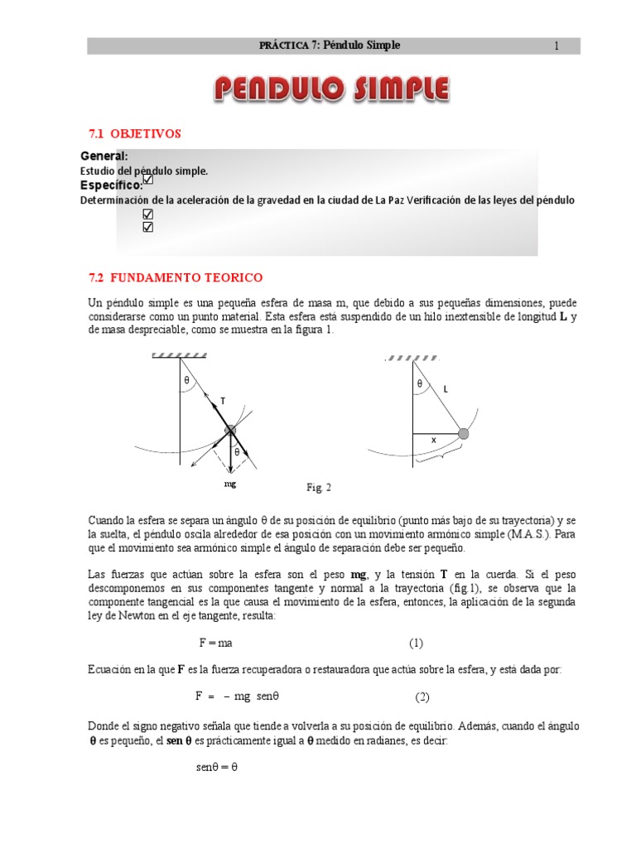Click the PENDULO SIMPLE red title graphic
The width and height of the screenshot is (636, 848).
click(x=331, y=89)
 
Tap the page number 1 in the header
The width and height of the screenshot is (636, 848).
click(x=556, y=46)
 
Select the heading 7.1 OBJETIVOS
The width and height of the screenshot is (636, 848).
click(x=134, y=133)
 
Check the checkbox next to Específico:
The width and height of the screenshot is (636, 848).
click(x=148, y=179)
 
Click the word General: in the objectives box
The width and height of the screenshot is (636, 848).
click(x=104, y=157)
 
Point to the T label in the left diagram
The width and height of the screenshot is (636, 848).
click(x=223, y=400)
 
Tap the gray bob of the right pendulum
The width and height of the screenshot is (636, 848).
click(x=464, y=433)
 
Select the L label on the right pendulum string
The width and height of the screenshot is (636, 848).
click(x=445, y=388)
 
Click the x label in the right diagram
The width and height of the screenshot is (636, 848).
click(x=432, y=441)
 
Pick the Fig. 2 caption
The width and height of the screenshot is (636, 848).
click(x=318, y=488)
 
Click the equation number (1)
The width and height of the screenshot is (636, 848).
click(x=416, y=643)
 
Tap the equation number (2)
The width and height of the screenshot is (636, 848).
click(x=422, y=696)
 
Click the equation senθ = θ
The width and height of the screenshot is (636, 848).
click(x=217, y=767)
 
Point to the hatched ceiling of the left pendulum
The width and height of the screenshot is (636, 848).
click(x=180, y=354)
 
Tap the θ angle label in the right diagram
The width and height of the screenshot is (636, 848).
click(x=420, y=384)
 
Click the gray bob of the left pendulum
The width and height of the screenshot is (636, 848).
click(x=230, y=430)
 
